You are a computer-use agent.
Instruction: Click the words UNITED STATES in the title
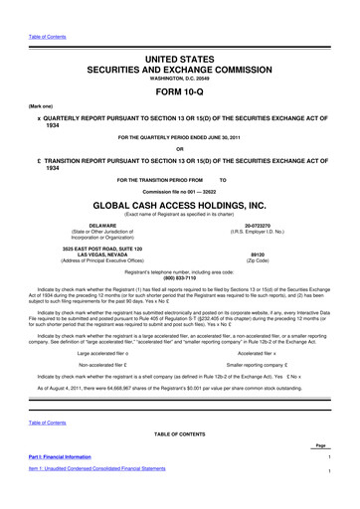pyautogui.click(x=179, y=35)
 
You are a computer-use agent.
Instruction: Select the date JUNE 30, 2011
pyautogui.click(x=240, y=134)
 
